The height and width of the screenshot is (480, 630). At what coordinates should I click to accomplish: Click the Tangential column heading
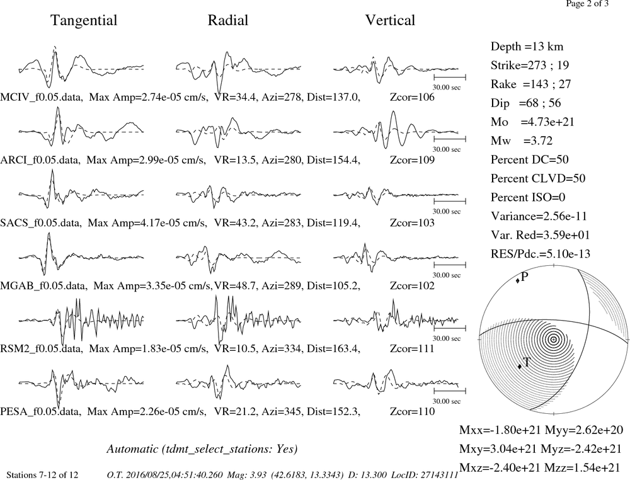coord(84,21)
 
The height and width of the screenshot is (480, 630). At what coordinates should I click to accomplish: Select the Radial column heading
coord(228,20)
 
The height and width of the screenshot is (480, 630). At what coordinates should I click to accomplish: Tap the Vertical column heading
coord(390,20)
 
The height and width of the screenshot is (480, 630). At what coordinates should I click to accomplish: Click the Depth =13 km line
coord(527,47)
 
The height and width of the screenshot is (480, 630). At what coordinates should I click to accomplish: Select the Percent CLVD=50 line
coord(538,178)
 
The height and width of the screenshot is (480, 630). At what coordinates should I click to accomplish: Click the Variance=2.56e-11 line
coord(539,216)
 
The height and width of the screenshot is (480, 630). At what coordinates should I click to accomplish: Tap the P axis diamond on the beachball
coord(517,280)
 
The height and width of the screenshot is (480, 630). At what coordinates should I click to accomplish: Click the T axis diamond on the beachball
coord(520,367)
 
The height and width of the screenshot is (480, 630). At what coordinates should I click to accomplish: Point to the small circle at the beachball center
coord(554,340)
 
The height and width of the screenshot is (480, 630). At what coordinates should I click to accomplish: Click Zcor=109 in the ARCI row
coord(412,160)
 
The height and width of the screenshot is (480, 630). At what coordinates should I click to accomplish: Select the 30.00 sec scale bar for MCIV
coord(450,77)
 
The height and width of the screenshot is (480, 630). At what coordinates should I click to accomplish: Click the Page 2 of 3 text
coord(587,4)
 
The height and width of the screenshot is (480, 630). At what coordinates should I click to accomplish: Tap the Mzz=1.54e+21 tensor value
coord(581,467)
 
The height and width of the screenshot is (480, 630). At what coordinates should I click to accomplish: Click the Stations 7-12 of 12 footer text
coord(43,475)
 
